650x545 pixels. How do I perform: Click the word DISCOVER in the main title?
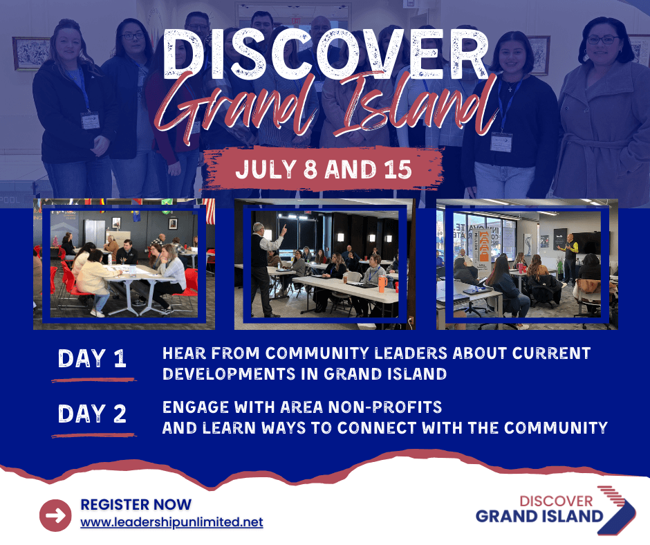click(x=326, y=54)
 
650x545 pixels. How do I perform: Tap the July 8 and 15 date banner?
click(x=324, y=169)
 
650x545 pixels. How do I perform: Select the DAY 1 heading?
click(x=92, y=358)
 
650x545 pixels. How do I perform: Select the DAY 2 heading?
click(x=92, y=414)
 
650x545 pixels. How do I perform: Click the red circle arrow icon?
click(x=55, y=515)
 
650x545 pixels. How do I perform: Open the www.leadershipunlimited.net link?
click(x=171, y=521)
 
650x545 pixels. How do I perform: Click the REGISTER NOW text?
click(x=136, y=504)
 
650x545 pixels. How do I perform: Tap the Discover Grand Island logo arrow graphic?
click(x=616, y=510)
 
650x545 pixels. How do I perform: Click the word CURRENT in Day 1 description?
click(x=551, y=353)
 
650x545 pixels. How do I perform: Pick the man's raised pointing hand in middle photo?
click(x=284, y=228)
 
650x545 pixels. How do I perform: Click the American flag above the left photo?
click(x=210, y=211)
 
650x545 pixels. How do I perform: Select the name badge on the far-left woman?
click(x=91, y=120)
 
